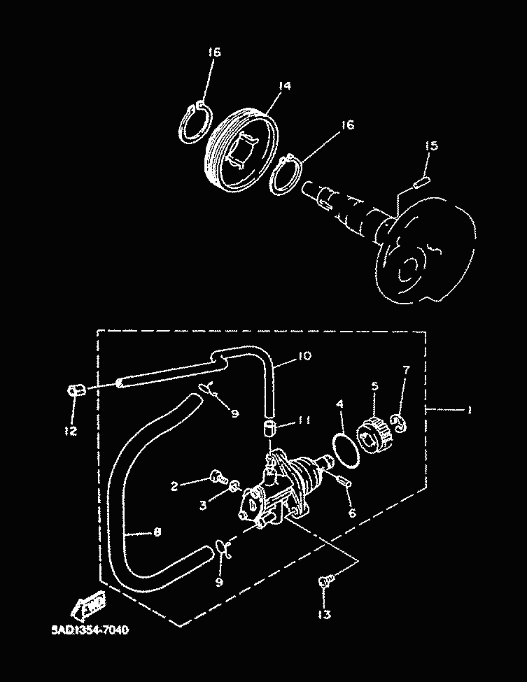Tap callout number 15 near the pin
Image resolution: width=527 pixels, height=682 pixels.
[432, 145]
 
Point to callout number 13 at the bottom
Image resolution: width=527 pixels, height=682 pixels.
[325, 615]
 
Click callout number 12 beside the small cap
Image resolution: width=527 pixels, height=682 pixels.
[71, 432]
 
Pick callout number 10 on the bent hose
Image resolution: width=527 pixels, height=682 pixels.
[303, 357]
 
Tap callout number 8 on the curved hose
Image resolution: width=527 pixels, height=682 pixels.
[156, 533]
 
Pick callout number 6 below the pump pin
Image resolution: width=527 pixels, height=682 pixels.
[352, 513]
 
